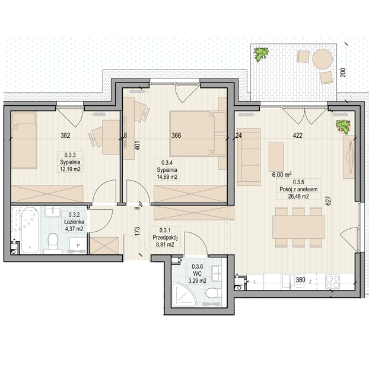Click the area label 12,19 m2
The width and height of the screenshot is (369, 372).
click(70, 169)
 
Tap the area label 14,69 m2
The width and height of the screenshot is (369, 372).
click(167, 177)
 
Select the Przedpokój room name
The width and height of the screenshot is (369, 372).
click(165, 238)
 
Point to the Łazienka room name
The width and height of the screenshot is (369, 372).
click(74, 222)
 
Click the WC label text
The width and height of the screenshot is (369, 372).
click(198, 273)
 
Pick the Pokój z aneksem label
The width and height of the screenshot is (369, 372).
click(298, 190)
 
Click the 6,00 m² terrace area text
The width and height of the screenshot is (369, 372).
click(282, 175)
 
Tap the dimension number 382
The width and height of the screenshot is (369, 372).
click(65, 135)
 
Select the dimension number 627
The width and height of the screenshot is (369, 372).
click(328, 201)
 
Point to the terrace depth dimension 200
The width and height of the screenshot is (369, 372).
click(343, 72)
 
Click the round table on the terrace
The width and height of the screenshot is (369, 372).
click(322, 59)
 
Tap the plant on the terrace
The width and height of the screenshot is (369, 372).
click(261, 54)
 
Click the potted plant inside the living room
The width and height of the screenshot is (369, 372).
click(343, 127)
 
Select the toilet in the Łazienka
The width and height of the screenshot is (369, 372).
click(53, 242)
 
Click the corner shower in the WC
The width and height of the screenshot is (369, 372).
click(184, 294)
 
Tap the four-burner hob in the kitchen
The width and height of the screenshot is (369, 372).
click(333, 282)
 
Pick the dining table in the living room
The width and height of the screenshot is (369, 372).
click(298, 227)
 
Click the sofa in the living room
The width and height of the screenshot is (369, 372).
click(249, 157)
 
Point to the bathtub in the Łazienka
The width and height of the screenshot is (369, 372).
click(30, 229)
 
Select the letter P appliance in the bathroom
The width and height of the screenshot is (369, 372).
click(78, 245)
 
